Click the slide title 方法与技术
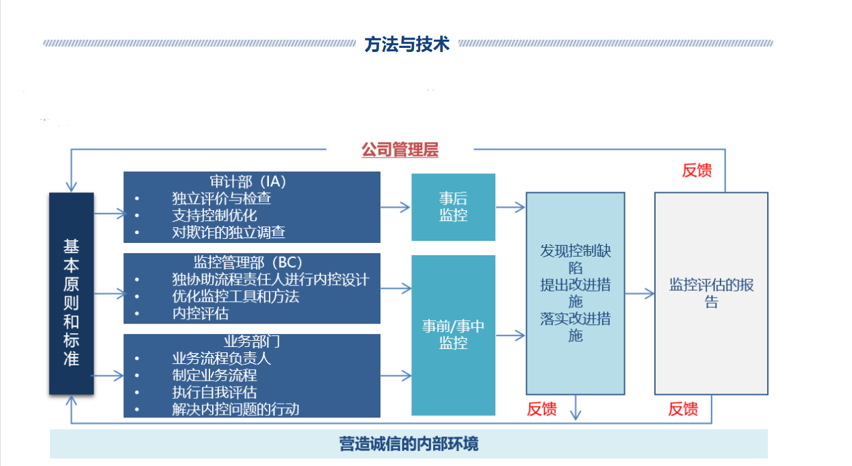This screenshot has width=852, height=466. [407, 44]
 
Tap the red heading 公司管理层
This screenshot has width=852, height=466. [400, 149]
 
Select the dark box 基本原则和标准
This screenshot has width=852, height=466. [71, 294]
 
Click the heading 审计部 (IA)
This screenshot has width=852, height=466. [248, 181]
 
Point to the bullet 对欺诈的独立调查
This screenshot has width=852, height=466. [229, 232]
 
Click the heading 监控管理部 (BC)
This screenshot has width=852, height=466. [248, 262]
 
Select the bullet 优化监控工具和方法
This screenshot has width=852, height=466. [236, 296]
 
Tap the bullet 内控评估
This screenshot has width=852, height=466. [201, 313]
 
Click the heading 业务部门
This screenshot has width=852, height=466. [251, 341]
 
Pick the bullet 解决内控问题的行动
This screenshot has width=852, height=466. [236, 409]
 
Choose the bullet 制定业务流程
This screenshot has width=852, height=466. [214, 376]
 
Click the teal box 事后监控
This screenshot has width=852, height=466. [454, 207]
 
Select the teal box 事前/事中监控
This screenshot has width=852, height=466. [454, 335]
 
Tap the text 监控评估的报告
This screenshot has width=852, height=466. [711, 294]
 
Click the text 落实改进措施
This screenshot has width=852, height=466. [576, 327]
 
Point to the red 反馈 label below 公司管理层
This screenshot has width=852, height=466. [697, 170]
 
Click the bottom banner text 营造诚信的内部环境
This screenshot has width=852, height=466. [409, 444]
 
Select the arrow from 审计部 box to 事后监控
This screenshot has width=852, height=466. [395, 207]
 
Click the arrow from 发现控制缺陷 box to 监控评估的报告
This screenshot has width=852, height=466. [639, 294]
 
